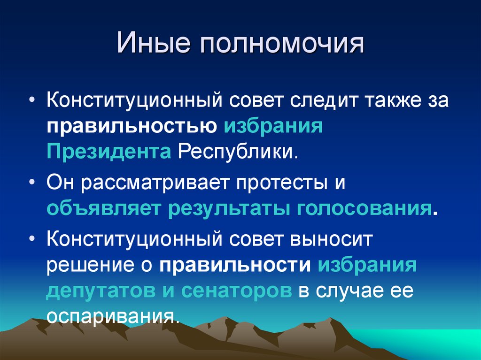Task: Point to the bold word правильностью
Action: click(x=131, y=127)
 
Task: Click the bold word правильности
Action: click(x=235, y=265)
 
